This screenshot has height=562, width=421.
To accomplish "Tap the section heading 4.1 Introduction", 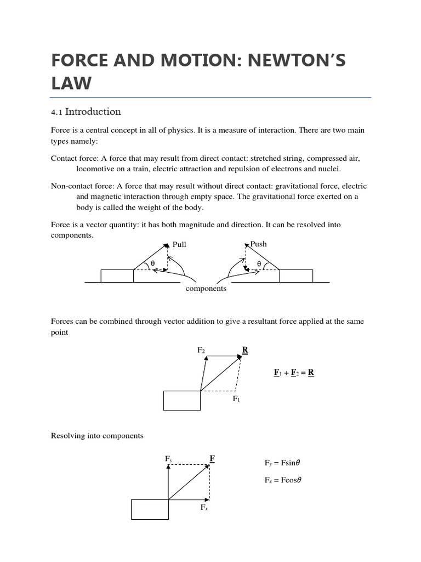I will pyautogui.click(x=86, y=112).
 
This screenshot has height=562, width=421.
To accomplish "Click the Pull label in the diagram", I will pyautogui.click(x=179, y=245).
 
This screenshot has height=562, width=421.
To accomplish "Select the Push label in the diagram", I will pyautogui.click(x=258, y=244).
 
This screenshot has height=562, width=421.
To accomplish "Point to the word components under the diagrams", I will pyautogui.click(x=206, y=289).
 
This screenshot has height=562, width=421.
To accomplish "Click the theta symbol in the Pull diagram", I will pyautogui.click(x=153, y=264).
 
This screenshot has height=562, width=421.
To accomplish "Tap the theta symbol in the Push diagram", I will pyautogui.click(x=259, y=264).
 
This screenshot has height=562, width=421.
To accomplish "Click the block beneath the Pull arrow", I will pyautogui.click(x=117, y=276).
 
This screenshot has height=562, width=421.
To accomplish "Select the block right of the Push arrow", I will pyautogui.click(x=296, y=276).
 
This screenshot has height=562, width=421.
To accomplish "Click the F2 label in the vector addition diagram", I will pyautogui.click(x=201, y=350).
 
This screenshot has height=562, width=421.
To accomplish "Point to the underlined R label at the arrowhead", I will pyautogui.click(x=245, y=350).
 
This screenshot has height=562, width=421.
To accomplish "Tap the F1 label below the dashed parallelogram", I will pyautogui.click(x=236, y=399).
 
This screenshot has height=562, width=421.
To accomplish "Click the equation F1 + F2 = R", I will pyautogui.click(x=294, y=373).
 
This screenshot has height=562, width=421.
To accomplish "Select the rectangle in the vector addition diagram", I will pyautogui.click(x=182, y=400).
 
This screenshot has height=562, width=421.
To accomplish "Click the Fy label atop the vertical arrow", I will pyautogui.click(x=169, y=459).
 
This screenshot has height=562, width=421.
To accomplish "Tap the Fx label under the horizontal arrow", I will pyautogui.click(x=204, y=508).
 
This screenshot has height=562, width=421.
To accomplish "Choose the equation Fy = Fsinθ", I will pyautogui.click(x=282, y=463).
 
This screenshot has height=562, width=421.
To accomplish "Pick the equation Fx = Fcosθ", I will pyautogui.click(x=283, y=480).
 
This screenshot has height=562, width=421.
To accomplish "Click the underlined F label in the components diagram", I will pyautogui.click(x=212, y=458).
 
